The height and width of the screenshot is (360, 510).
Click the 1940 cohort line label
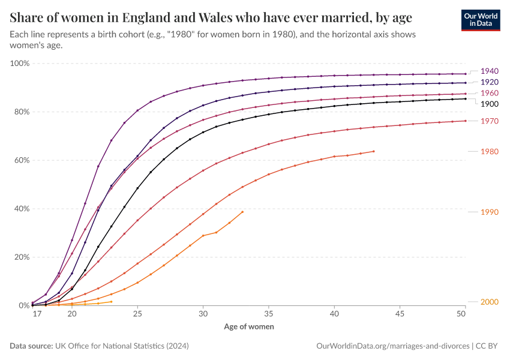(x=490, y=71)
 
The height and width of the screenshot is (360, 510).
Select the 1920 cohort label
(x=490, y=82)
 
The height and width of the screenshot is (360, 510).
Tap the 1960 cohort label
(x=490, y=93)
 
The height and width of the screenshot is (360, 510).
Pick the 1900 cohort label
(x=490, y=104)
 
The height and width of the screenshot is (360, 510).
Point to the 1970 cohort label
(x=490, y=121)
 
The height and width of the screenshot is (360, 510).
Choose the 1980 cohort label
(x=490, y=152)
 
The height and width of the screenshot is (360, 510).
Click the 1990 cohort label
(x=490, y=212)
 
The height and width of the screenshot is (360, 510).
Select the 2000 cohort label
(x=490, y=302)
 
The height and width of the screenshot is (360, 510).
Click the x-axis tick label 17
(x=37, y=314)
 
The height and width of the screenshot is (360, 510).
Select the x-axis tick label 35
(x=269, y=314)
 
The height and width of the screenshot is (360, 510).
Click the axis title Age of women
(x=249, y=327)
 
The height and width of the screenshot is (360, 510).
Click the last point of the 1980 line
(x=374, y=151)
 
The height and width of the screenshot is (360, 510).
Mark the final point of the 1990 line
(x=242, y=212)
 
